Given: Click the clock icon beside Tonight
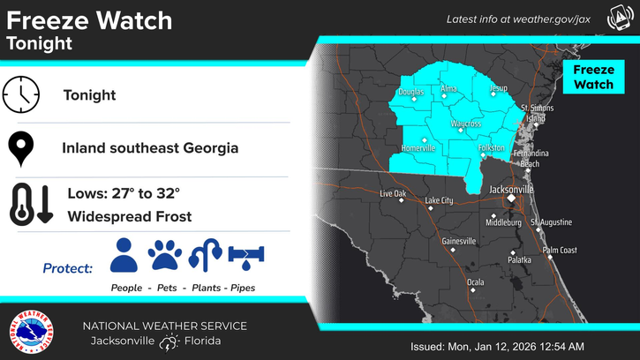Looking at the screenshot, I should [x=22, y=94].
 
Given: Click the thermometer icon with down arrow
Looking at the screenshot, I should [x=28, y=204].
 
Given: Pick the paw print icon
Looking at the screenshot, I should [x=164, y=256].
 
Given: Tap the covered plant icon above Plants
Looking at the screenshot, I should [x=204, y=256].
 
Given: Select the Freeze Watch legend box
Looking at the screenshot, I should [x=593, y=77].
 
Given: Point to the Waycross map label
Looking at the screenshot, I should [x=465, y=124].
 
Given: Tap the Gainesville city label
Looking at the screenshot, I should [x=458, y=241].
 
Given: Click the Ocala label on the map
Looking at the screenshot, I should [x=475, y=282].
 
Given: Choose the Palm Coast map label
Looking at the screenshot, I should [x=559, y=251].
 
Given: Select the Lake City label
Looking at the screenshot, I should [x=439, y=200].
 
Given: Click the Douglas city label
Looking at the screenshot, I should [x=410, y=92].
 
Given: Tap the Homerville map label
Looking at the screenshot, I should [x=418, y=148].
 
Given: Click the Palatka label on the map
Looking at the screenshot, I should [x=520, y=259].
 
